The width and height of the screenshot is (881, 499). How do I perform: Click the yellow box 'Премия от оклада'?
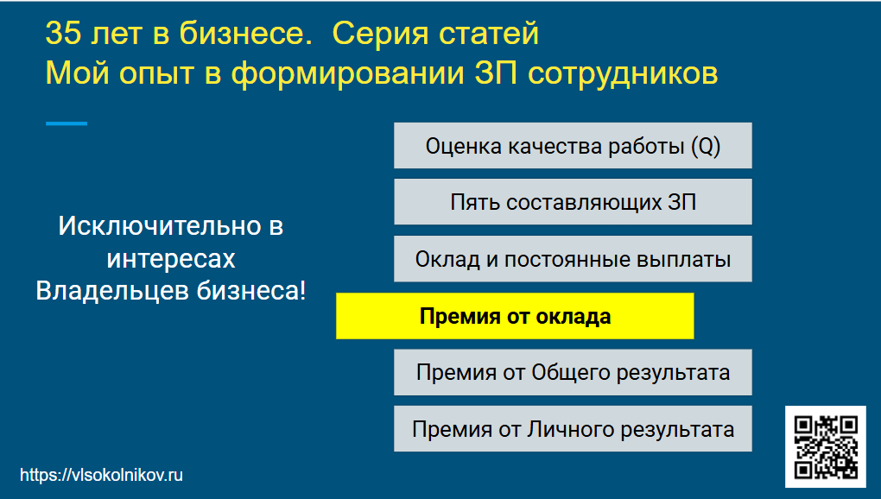(515, 316)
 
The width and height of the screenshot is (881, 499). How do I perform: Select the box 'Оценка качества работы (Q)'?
(573, 146)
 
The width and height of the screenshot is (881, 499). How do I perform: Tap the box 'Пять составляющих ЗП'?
(573, 203)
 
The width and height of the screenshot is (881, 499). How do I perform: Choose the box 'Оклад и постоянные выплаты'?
(573, 259)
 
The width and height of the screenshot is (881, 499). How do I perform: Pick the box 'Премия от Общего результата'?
(573, 373)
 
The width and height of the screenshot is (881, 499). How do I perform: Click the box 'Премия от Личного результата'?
(573, 429)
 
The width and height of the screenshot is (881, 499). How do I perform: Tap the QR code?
(826, 446)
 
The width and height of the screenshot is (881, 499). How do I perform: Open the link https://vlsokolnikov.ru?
(101, 475)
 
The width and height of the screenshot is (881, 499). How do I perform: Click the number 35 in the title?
(63, 34)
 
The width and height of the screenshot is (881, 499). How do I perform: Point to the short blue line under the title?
(67, 123)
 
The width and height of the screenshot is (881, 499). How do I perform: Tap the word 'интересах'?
(171, 259)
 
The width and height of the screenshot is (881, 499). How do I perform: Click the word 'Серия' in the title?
(375, 34)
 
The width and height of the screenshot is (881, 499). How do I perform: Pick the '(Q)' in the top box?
(706, 146)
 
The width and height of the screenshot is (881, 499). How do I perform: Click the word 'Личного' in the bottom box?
(571, 429)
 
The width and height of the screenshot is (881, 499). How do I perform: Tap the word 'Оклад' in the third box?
(445, 259)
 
